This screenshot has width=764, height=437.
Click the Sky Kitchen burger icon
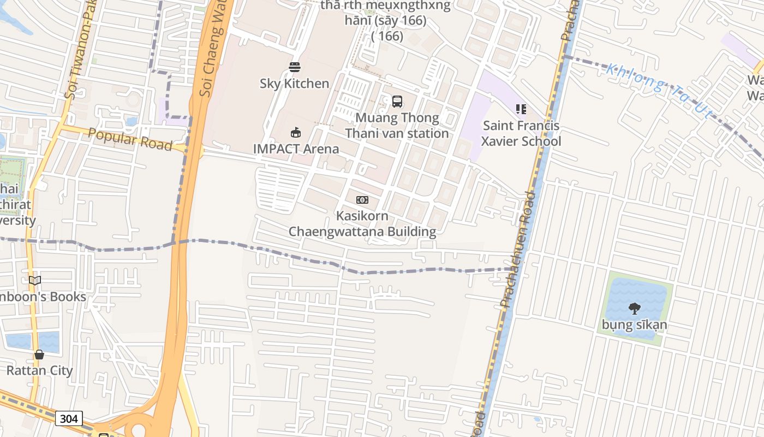tap(295, 67)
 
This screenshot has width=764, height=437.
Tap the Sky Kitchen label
tap(294, 84)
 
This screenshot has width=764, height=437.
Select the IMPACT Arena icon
tap(295, 132)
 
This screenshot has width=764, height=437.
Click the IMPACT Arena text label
tap(296, 149)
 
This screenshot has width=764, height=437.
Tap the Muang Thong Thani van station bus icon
tap(397, 102)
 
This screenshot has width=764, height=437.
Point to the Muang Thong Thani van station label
tap(397, 126)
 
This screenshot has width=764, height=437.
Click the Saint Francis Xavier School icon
tap(521, 109)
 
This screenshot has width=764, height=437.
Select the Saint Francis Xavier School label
tap(521, 134)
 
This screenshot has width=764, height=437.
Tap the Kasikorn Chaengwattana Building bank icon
tap(362, 200)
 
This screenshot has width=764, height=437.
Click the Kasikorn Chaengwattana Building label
tap(362, 224)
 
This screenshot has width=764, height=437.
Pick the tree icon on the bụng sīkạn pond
tap(634, 309)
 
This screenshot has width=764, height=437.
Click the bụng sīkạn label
tap(634, 325)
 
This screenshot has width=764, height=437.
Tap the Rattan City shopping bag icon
tap(39, 355)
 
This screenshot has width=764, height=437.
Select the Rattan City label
tap(39, 370)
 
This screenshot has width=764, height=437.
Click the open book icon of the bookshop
tap(35, 281)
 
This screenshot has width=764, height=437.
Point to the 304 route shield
tap(69, 418)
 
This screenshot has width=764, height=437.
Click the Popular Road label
tap(130, 140)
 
